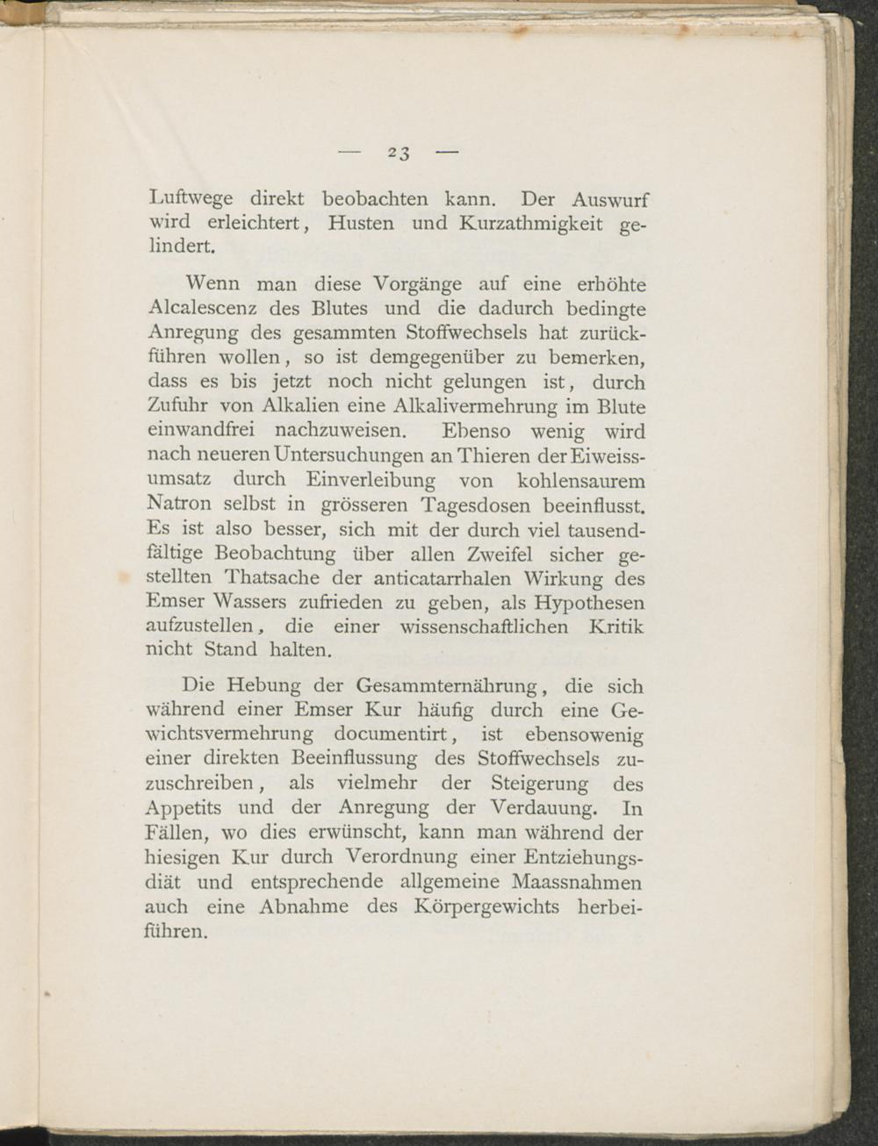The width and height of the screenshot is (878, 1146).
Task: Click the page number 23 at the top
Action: pyautogui.click(x=399, y=154)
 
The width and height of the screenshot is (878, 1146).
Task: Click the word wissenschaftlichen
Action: pyautogui.click(x=485, y=627)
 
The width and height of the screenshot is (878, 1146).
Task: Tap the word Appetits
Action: pyautogui.click(x=184, y=807)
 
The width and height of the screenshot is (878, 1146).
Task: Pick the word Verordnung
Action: pyautogui.click(x=401, y=856)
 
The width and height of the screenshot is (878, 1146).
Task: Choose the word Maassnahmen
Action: pyautogui.click(x=576, y=881)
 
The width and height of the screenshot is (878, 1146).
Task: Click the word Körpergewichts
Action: pyautogui.click(x=485, y=906)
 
